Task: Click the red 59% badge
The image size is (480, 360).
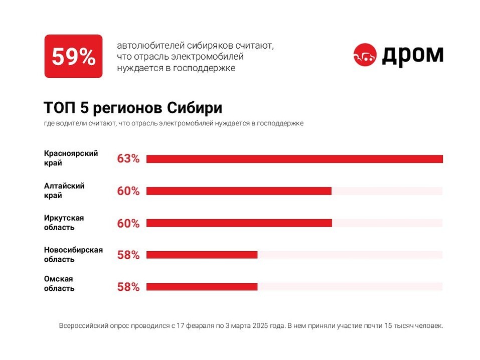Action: [73, 56]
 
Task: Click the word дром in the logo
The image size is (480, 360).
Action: [413, 55]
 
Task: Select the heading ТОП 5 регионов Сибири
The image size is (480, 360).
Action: [133, 108]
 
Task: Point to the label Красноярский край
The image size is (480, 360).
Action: [71, 158]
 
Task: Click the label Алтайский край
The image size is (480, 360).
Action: [64, 191]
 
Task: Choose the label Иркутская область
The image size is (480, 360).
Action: [64, 223]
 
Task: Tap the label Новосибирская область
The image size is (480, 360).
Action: [73, 254]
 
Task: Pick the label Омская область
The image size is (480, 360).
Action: [59, 283]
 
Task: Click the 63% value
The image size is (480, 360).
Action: [128, 159]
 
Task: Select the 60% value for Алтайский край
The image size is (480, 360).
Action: [128, 191]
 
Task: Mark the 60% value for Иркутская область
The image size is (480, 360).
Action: [128, 223]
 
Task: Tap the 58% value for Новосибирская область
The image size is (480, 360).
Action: [128, 255]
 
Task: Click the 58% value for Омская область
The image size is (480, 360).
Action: [128, 287]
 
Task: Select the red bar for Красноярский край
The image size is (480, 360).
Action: [294, 159]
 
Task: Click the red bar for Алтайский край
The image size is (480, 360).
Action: [239, 191]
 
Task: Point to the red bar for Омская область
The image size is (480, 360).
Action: [202, 287]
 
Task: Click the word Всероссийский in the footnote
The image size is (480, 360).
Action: [81, 326]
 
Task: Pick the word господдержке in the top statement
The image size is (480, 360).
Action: [210, 68]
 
